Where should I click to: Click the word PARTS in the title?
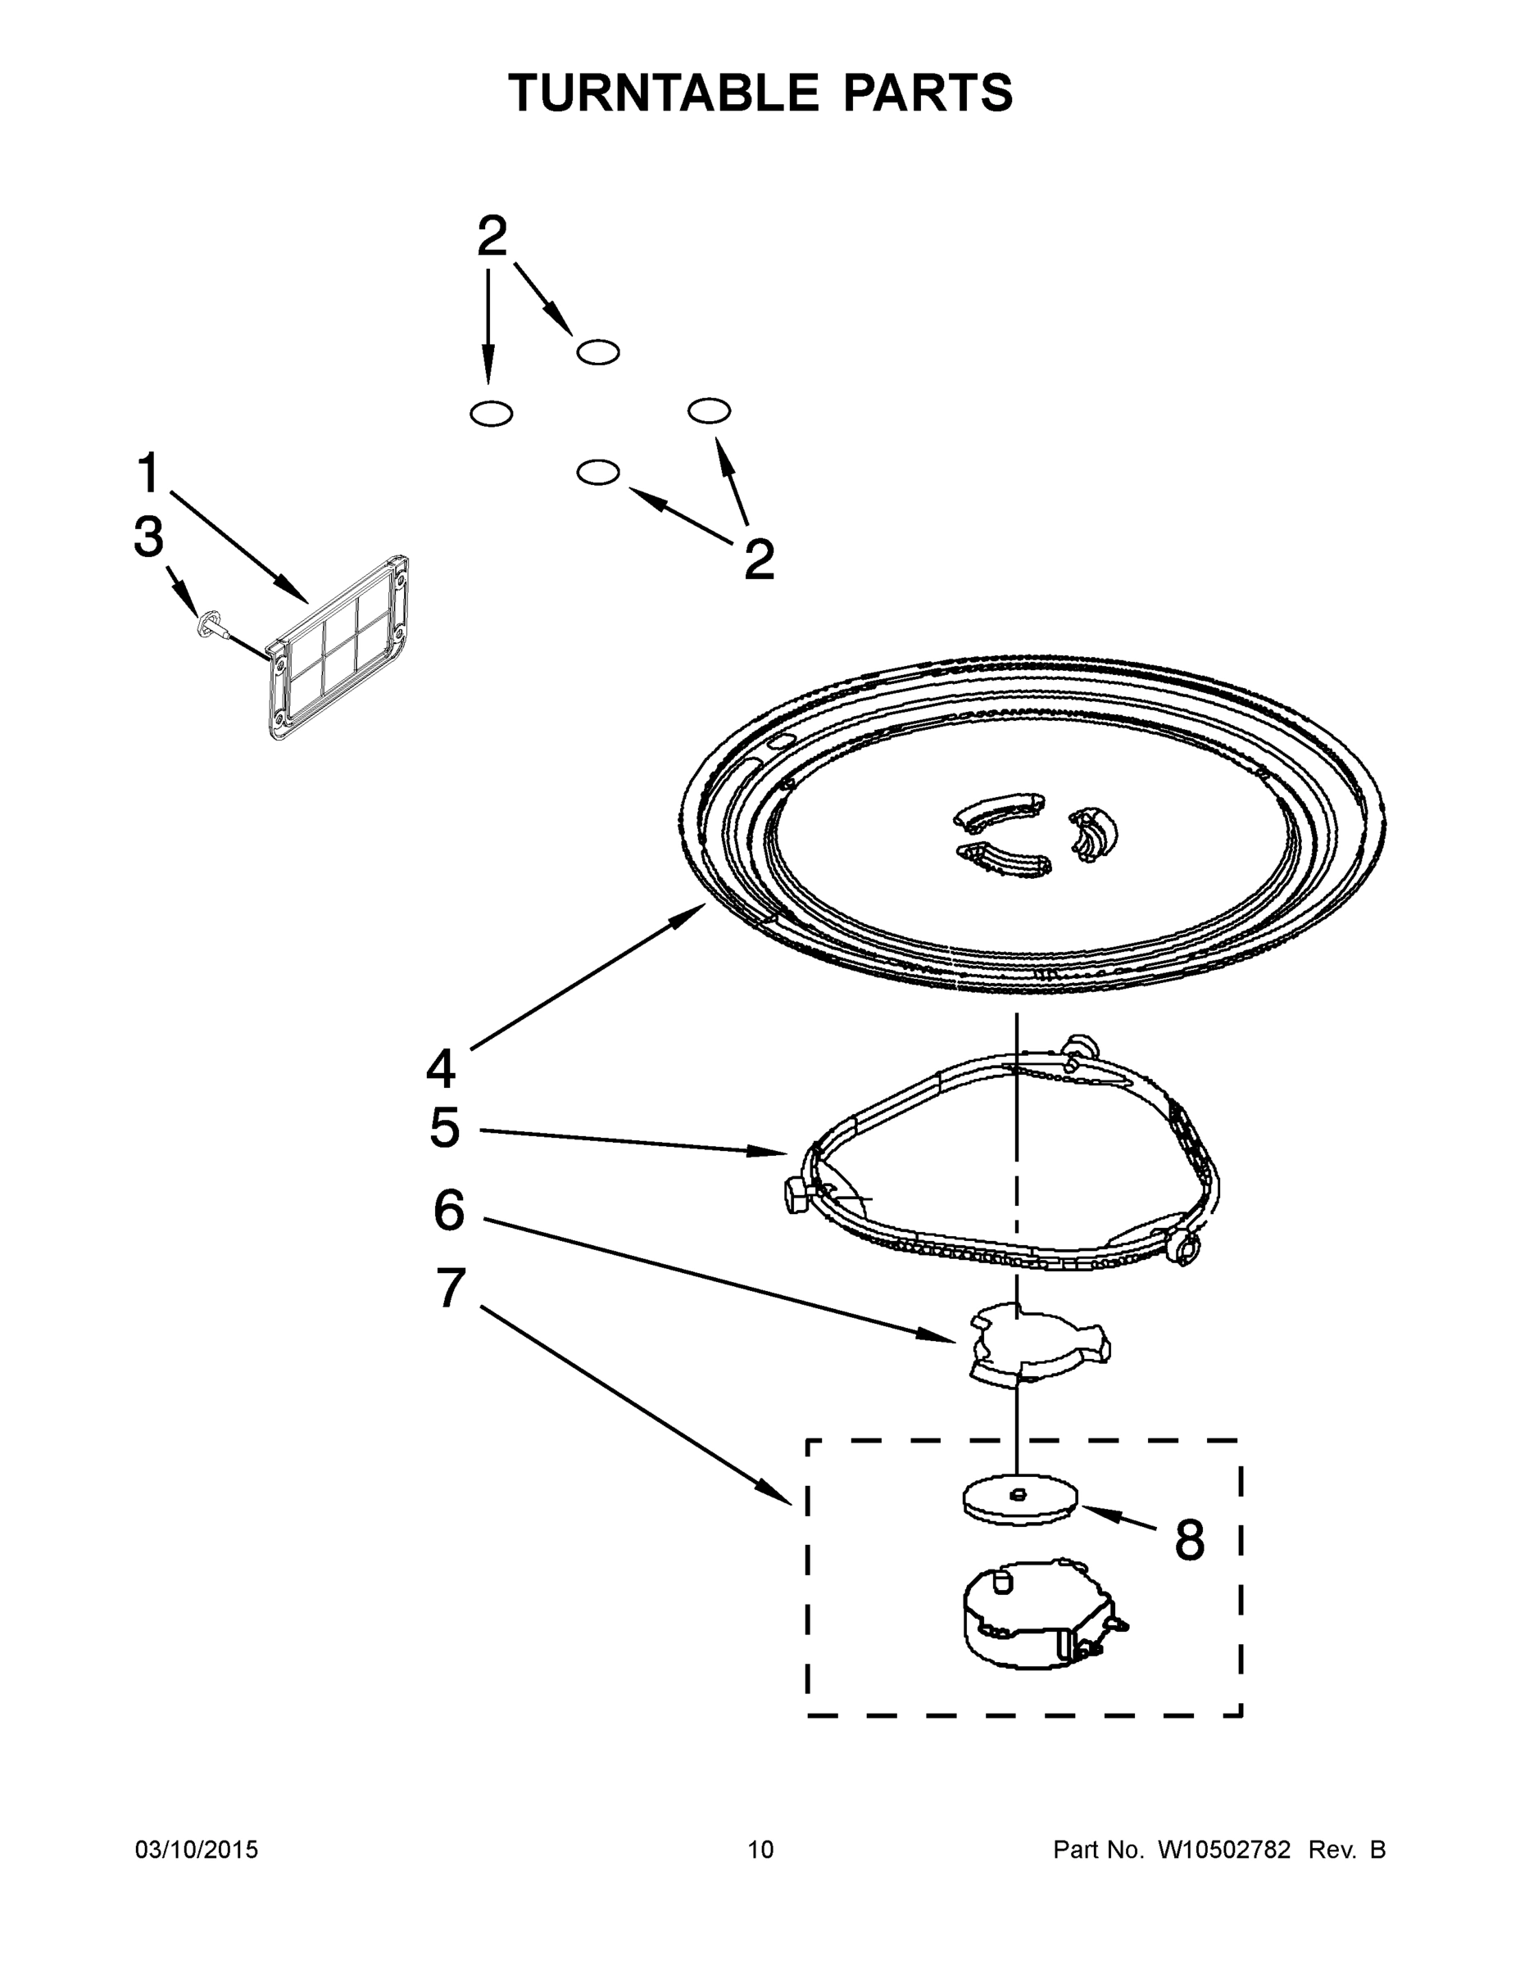coord(928,93)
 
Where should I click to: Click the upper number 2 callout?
coord(492,237)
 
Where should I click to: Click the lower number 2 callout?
coord(759,560)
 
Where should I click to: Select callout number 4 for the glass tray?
coord(440,1068)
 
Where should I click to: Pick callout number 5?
coord(445,1128)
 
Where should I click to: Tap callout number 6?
coord(448,1211)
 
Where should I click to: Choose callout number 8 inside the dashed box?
coord(1189,1540)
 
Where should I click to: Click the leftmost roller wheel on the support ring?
coord(797,1198)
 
